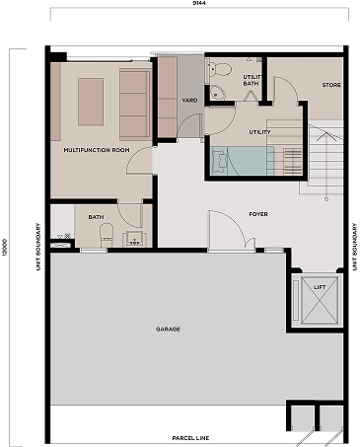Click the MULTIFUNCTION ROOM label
click(x=97, y=150)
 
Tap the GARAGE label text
click(x=168, y=329)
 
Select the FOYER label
click(x=258, y=214)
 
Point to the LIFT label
click(x=320, y=287)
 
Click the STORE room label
click(x=331, y=85)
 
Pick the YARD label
click(x=189, y=100)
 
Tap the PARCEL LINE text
click(x=190, y=438)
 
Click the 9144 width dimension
click(x=199, y=3)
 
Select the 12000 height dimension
click(x=4, y=248)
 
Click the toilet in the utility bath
click(x=221, y=69)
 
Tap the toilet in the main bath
click(x=107, y=235)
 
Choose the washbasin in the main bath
click(x=134, y=239)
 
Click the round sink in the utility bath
click(x=217, y=93)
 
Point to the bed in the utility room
click(x=243, y=161)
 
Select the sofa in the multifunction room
click(x=135, y=105)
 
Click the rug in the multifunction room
click(x=91, y=102)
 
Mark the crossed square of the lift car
click(x=320, y=301)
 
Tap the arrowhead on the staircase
click(x=326, y=136)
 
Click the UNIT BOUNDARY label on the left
click(x=38, y=247)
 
